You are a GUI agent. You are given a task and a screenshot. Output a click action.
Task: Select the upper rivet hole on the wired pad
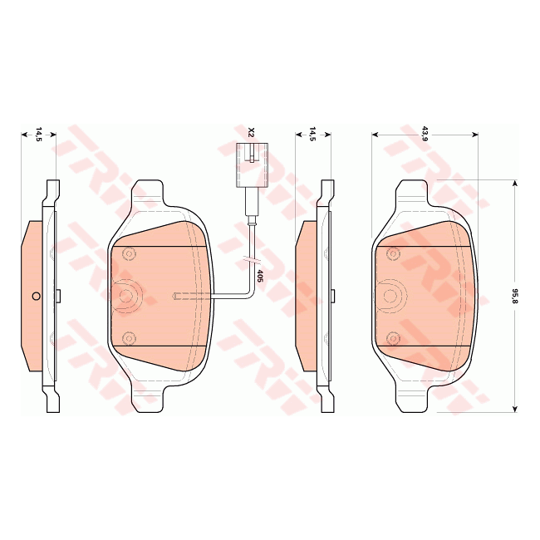128,253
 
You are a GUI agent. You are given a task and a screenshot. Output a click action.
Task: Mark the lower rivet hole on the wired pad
128,338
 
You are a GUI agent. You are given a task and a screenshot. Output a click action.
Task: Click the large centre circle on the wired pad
126,296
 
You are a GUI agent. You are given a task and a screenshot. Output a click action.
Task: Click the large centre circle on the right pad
392,296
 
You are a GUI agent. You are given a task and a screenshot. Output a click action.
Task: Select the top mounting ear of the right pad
413,192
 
